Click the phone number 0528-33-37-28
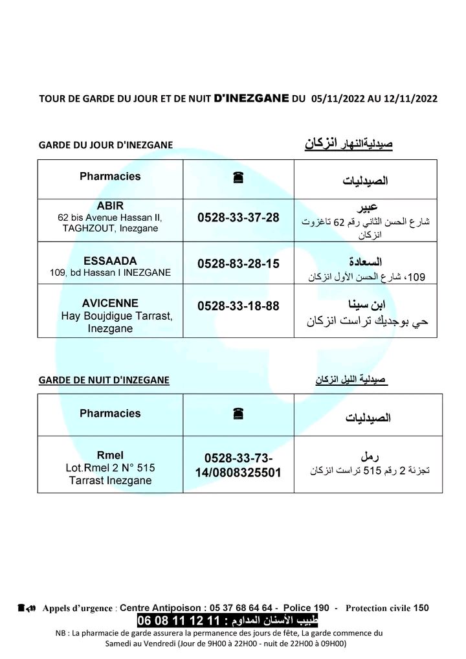(238, 218)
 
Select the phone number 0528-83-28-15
(238, 263)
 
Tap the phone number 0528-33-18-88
(238, 306)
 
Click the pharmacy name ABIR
(110, 206)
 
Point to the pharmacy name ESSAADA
(110, 261)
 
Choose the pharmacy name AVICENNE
(110, 303)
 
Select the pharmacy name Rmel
(110, 454)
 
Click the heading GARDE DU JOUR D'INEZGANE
(105, 145)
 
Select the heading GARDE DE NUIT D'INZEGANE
(104, 380)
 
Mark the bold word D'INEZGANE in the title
(250, 99)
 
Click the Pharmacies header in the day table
(110, 176)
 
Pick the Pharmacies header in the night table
(110, 413)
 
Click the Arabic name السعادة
(366, 262)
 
